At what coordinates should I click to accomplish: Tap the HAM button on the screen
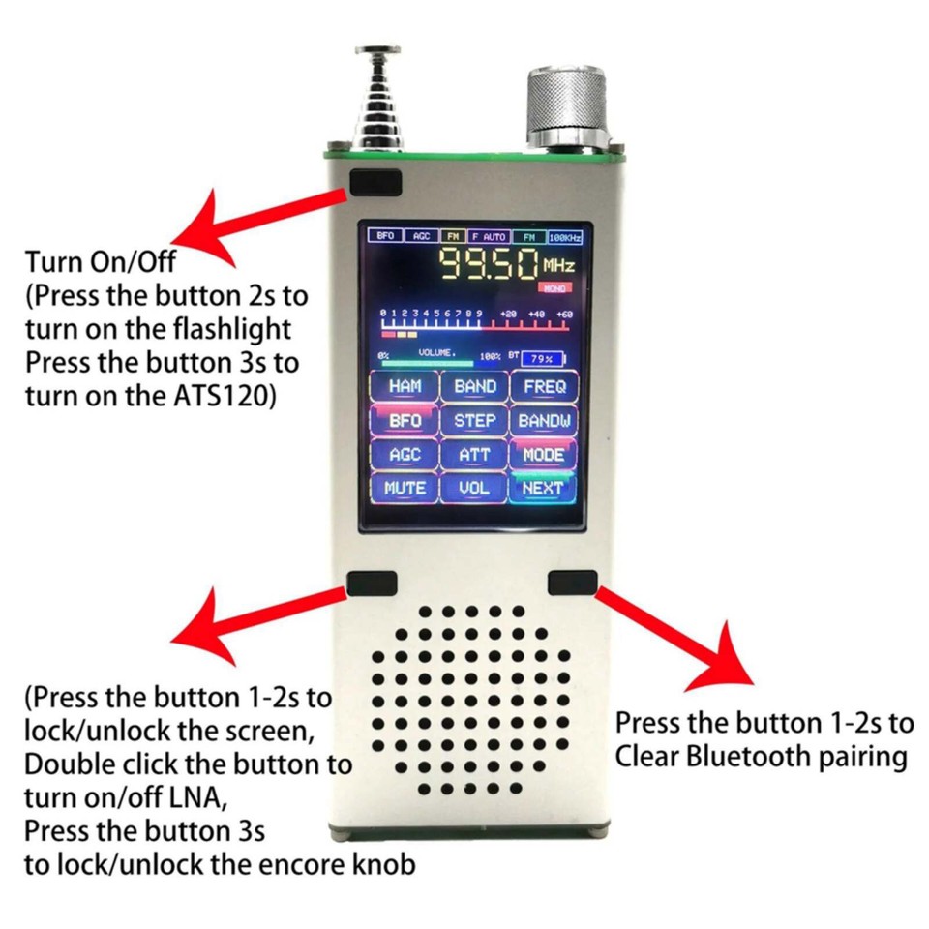coord(405,386)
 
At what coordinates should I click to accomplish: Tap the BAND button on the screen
coord(475,386)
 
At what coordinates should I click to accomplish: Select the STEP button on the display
coord(475,421)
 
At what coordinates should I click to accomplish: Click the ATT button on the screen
coord(475,455)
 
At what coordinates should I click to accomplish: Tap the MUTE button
coord(405,489)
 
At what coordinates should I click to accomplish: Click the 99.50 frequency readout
coord(490,263)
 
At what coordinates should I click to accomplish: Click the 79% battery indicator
coord(543,358)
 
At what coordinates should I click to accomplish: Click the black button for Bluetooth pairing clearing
coord(572,583)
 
